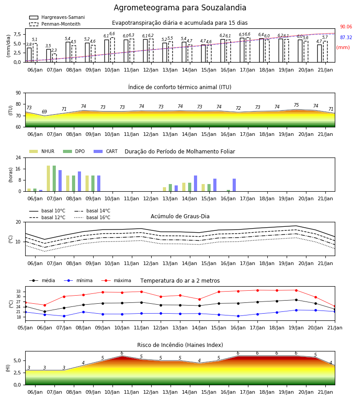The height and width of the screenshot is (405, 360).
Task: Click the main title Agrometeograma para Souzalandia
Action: coord(180,8)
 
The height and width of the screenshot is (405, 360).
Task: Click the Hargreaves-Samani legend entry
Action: coord(57,17)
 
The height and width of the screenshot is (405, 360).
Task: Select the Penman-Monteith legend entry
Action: coord(55,24)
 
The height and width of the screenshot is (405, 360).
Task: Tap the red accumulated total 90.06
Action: coord(346,27)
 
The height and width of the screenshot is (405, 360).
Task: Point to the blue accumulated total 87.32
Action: coord(346,37)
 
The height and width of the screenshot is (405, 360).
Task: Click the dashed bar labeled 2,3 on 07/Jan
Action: coord(54,58)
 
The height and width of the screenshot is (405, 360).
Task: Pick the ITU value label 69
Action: coord(45,112)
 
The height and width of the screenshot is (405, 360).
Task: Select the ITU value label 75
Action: coord(296,105)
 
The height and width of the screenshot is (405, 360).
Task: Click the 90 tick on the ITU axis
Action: coord(18,93)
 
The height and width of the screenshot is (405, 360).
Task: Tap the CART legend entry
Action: coord(106,151)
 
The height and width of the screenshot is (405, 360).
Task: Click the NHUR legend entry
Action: coord(42,151)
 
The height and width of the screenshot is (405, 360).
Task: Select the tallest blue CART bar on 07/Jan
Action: coord(60,181)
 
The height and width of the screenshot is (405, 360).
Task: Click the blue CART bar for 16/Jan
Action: coord(234,185)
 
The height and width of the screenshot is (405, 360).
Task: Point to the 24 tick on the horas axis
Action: coord(18,157)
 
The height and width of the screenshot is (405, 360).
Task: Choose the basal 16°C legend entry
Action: coord(92,217)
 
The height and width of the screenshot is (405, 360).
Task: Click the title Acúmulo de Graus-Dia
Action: coord(180,216)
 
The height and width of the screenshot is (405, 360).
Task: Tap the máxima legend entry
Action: coord(116,280)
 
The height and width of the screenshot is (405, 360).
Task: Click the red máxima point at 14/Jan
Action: coord(199,299)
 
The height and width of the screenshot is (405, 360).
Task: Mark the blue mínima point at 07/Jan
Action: coord(64,316)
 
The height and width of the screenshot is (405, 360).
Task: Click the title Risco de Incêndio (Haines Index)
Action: coord(180,345)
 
